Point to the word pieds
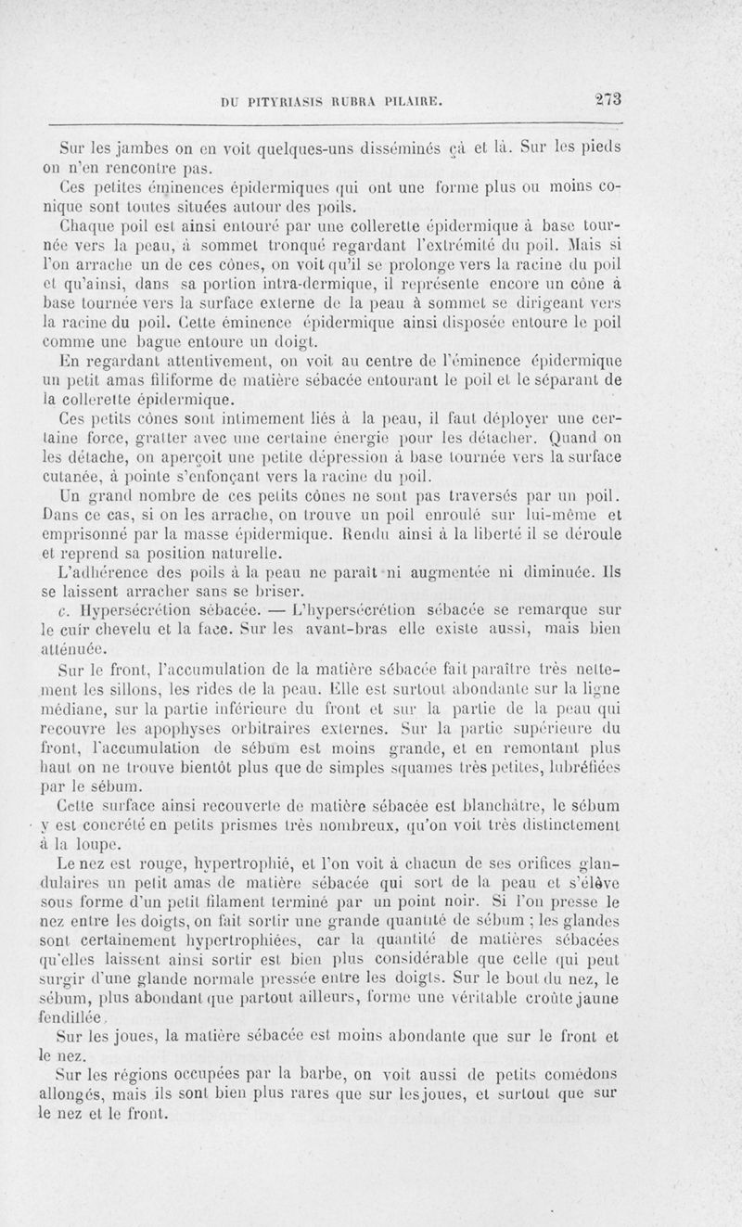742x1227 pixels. pos(599,147)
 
